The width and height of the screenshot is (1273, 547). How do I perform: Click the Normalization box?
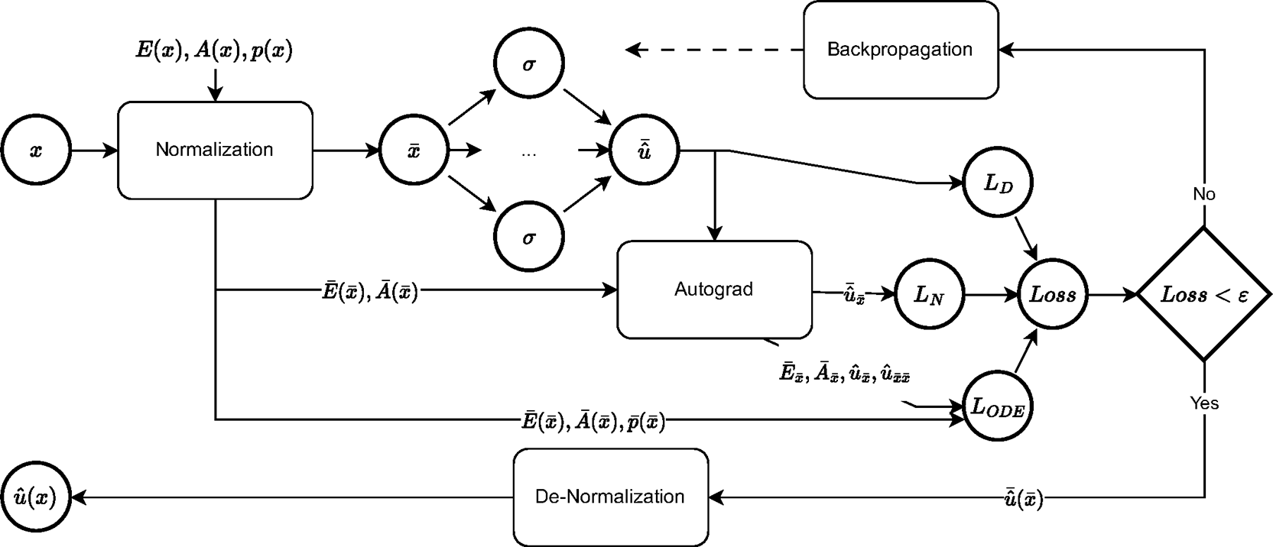coord(215,150)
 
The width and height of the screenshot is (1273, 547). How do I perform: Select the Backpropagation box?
coord(900,50)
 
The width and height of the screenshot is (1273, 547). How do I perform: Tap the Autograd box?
coord(713,290)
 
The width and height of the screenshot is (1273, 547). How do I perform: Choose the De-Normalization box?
coord(610,497)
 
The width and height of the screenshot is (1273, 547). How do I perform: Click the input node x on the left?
coord(36,151)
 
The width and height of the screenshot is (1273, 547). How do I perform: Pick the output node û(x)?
coord(36,497)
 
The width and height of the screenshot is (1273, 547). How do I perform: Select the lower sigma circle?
coord(528,238)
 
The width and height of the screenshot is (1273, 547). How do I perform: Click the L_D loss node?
coord(999,184)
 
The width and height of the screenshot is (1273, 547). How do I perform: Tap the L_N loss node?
coord(928,295)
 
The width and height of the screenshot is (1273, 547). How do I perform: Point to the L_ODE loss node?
coord(999,406)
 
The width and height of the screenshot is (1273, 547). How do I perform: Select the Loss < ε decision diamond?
coord(1204,295)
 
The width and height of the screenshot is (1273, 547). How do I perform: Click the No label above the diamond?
coord(1204,194)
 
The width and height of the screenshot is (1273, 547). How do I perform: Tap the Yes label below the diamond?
coord(1204,403)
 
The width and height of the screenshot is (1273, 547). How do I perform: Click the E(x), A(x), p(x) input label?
coord(214,51)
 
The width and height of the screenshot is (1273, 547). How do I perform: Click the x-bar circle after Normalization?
coord(414,151)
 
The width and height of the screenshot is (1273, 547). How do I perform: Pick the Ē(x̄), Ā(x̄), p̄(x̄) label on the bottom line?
coord(593,420)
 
